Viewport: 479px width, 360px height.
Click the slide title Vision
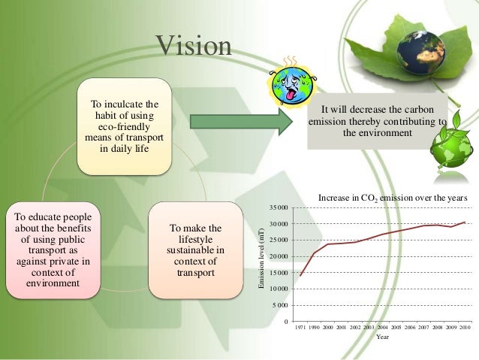tap(194, 47)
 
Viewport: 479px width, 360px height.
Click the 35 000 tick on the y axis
tap(278, 207)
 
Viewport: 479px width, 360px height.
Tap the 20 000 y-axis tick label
tap(278, 256)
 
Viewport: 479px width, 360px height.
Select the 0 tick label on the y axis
tap(285, 322)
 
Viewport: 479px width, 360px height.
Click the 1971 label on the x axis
tap(300, 328)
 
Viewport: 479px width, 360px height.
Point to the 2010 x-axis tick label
tap(465, 328)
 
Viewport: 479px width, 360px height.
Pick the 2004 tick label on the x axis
tap(382, 328)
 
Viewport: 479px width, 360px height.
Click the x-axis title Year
tap(382, 337)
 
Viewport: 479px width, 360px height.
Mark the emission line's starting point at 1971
tap(300, 276)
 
